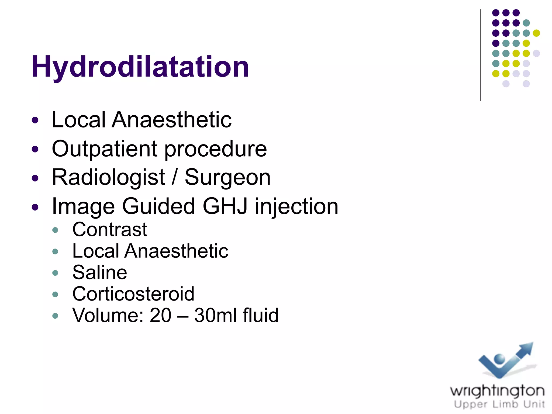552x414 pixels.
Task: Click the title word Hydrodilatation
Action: click(x=140, y=67)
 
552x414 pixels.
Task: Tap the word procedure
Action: click(x=215, y=149)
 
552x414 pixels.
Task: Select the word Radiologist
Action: click(x=108, y=177)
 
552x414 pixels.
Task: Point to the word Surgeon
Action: click(x=227, y=177)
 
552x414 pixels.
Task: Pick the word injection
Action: click(x=296, y=207)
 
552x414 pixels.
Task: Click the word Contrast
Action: click(x=110, y=230)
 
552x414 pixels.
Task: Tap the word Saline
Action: click(x=100, y=272)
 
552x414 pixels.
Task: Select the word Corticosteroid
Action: click(x=133, y=294)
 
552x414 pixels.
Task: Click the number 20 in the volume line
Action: click(x=160, y=315)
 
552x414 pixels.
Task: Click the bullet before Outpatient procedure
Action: click(x=35, y=149)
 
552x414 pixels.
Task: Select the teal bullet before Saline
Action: click(x=55, y=273)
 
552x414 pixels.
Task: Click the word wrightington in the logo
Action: click(x=497, y=391)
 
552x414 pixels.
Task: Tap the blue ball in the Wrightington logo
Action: click(x=499, y=359)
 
